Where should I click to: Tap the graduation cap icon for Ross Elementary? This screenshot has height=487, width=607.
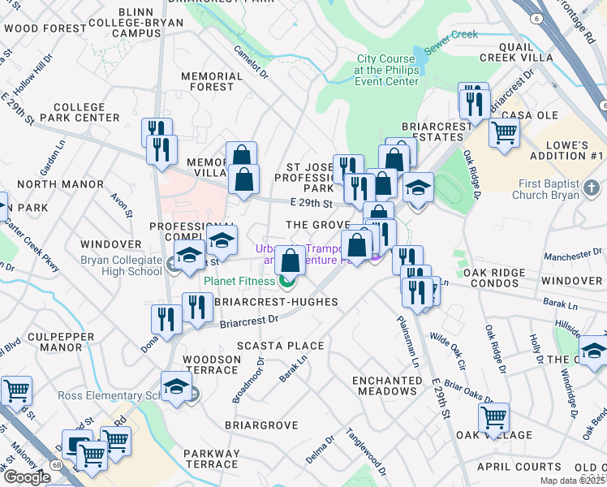[176, 386]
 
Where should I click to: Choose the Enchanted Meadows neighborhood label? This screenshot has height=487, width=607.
[387, 386]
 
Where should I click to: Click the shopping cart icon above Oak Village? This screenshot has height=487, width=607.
[493, 417]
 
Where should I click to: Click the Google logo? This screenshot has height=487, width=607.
[27, 477]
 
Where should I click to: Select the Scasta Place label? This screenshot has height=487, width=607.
[280, 346]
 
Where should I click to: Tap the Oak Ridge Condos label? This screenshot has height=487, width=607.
[491, 278]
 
